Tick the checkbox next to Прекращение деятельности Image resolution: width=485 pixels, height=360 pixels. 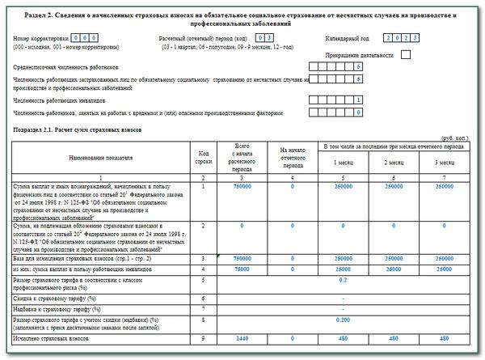click(x=406, y=55)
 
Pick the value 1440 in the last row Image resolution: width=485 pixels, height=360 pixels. click(x=242, y=338)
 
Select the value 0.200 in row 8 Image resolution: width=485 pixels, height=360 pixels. click(x=343, y=321)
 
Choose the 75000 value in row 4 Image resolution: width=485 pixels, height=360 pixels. click(x=242, y=268)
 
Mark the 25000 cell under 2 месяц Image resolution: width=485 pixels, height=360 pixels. click(x=394, y=268)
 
